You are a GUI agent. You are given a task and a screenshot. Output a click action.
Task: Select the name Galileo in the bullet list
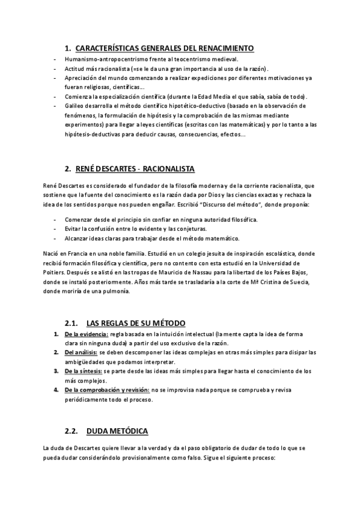pyautogui.click(x=72, y=105)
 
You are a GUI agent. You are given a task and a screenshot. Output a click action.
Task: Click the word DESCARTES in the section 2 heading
pyautogui.click(x=117, y=168)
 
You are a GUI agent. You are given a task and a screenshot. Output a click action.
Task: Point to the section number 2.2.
pyautogui.click(x=72, y=431)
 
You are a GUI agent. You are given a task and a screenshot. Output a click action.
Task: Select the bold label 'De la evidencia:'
pyautogui.click(x=87, y=334)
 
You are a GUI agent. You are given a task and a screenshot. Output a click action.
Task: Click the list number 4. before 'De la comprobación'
pyautogui.click(x=55, y=390)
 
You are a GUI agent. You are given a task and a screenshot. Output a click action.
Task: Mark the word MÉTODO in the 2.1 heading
pyautogui.click(x=169, y=323)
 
